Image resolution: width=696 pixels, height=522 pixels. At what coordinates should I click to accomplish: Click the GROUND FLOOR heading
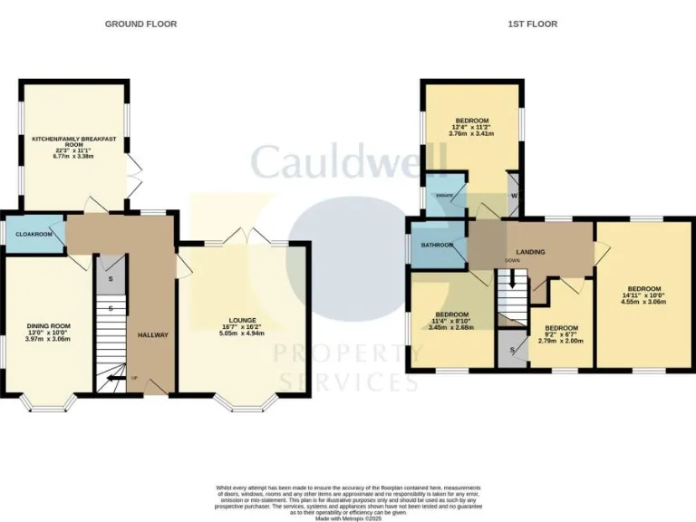point(141,24)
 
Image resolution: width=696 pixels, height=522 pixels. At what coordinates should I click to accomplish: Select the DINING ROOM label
point(48,325)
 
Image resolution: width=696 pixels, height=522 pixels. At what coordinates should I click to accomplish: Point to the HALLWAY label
point(153,335)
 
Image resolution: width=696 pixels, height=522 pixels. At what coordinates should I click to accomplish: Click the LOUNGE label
point(243,320)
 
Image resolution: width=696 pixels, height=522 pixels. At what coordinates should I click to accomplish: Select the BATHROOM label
point(436,244)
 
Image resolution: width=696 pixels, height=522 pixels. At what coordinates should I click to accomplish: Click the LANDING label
point(530,251)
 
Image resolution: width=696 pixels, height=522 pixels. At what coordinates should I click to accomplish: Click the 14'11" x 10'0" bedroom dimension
point(642,295)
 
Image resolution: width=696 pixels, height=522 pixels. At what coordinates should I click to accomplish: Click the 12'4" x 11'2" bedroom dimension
point(472,128)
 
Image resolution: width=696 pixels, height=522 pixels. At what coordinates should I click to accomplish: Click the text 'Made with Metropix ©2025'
point(348,517)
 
